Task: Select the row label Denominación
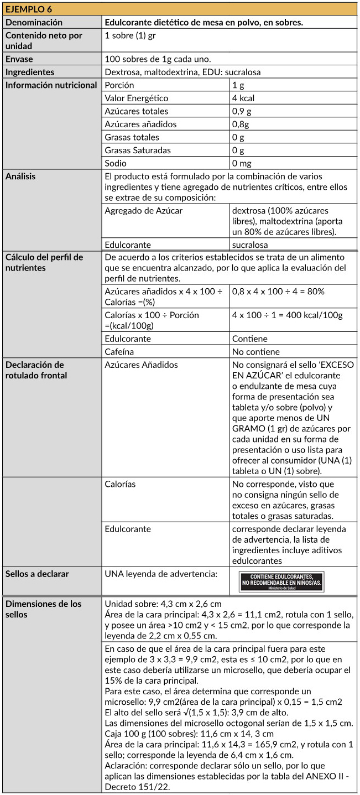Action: [34, 22]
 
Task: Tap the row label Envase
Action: [19, 59]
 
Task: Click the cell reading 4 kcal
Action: [243, 98]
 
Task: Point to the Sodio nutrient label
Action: [116, 163]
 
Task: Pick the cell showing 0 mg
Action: [242, 163]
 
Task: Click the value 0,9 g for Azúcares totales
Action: [242, 111]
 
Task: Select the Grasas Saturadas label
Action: [138, 150]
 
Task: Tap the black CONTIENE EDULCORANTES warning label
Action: [282, 580]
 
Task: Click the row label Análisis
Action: [20, 176]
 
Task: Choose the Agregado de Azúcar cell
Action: [143, 210]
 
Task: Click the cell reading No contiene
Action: [256, 351]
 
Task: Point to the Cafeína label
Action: [119, 351]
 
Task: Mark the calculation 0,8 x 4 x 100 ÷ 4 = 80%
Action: [278, 290]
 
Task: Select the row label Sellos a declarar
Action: [37, 574]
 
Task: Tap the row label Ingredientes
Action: [30, 72]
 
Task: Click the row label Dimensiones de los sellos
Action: [43, 609]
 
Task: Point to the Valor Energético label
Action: [136, 98]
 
